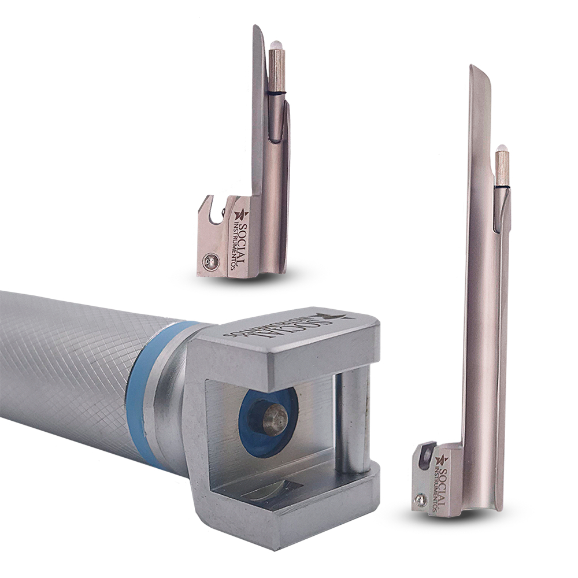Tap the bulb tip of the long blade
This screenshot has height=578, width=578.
[x=501, y=149]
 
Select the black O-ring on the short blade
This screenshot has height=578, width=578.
[x=277, y=95]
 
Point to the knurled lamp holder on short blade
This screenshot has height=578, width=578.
[x=277, y=71]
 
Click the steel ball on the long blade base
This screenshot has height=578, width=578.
[x=420, y=499]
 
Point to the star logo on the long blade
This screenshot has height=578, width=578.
[x=442, y=460]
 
